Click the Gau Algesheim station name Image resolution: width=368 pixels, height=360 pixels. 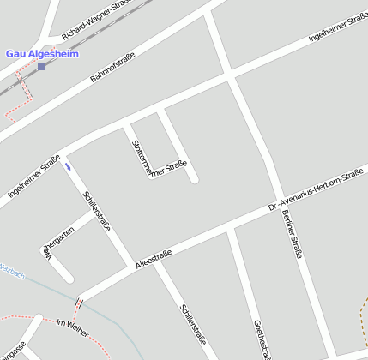(x=41, y=53)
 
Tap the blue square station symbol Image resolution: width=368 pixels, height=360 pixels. (x=41, y=66)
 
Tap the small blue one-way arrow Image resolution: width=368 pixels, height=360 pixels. (x=68, y=166)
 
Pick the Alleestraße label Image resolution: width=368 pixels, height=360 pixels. (x=154, y=259)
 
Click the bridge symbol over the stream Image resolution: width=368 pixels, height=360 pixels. (x=79, y=302)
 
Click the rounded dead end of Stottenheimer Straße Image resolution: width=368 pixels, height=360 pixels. (x=194, y=179)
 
